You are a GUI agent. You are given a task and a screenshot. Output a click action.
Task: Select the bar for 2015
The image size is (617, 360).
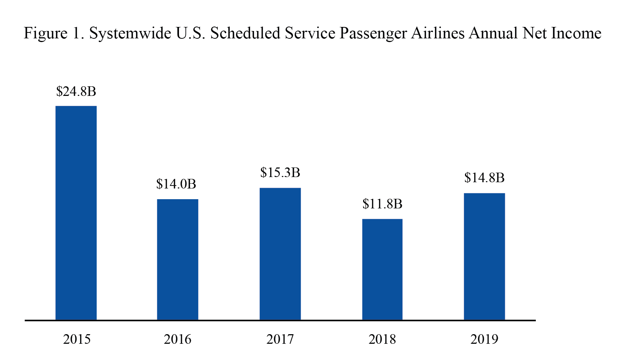coord(76,213)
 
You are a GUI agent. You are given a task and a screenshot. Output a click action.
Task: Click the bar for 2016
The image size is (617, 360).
coord(177,259)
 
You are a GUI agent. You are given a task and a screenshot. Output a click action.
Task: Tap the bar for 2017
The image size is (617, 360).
coord(280,254)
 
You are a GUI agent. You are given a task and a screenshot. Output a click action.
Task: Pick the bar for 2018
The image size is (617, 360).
coord(382,269)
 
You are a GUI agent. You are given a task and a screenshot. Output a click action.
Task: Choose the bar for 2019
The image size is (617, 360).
coord(484,256)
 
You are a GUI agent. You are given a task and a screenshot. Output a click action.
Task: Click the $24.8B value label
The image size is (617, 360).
coord(76,91)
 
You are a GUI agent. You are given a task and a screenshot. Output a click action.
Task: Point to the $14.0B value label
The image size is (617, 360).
coord(176,184)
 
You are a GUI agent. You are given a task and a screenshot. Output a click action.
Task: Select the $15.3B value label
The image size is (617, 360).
coord(280,173)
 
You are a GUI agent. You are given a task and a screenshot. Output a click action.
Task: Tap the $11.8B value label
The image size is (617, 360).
coord(382,204)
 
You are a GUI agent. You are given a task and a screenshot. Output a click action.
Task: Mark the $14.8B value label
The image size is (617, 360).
coord(484,178)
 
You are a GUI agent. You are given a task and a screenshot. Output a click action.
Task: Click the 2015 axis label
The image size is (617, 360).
coord(77,339)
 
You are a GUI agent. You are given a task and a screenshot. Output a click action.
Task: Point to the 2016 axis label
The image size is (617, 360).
coord(177,339)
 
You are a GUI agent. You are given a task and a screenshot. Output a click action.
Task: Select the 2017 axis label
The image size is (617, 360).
coord(280,339)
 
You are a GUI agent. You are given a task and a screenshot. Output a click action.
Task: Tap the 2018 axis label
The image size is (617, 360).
coord(382,339)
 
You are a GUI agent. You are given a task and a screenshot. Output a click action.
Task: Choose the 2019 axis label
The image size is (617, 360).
coord(484,339)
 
